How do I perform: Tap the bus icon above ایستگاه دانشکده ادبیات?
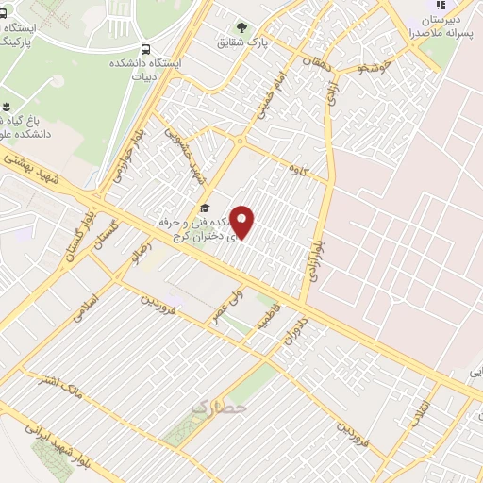tap(144, 48)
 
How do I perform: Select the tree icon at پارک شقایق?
tap(242, 27)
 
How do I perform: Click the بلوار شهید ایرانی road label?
tap(95, 452)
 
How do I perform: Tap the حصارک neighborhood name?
tap(218, 407)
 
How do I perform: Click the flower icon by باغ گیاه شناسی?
tap(8, 105)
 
